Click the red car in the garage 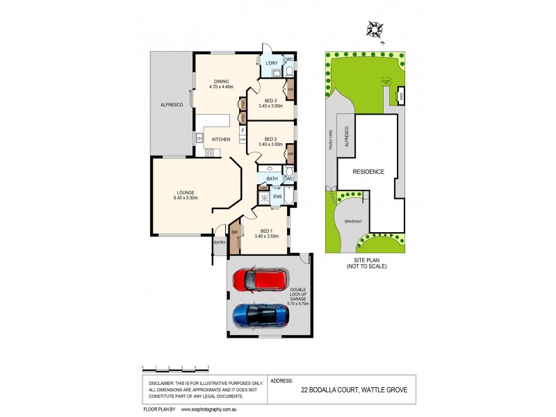point(259,280)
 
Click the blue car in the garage point(261,316)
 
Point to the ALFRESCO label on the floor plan point(171,104)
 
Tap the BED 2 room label point(270,140)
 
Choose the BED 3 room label point(270,102)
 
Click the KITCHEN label point(221,140)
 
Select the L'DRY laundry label point(272,64)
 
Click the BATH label point(272,179)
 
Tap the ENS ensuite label point(277,197)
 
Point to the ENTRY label point(220,243)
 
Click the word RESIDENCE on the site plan point(368,172)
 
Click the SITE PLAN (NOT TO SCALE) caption point(366,263)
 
